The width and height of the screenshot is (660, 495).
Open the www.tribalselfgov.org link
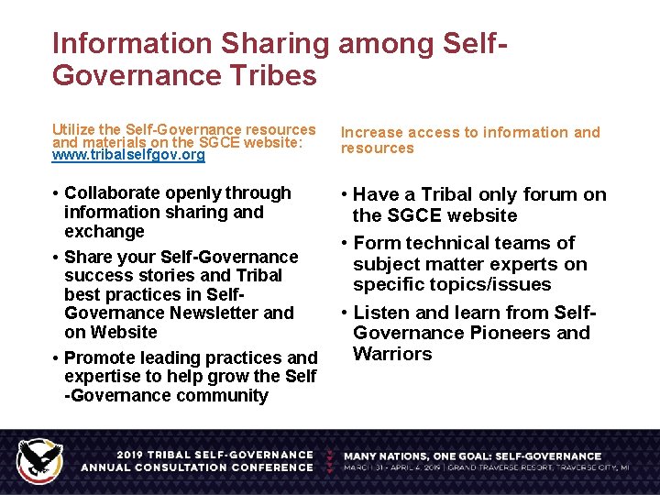pyautogui.click(x=129, y=156)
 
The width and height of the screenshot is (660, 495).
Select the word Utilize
pyautogui.click(x=72, y=130)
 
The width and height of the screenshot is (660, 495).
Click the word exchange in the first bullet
pyautogui.click(x=104, y=232)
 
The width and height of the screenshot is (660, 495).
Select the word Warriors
pyautogui.click(x=392, y=354)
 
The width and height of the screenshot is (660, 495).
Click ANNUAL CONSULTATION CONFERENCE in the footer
pyautogui.click(x=196, y=467)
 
